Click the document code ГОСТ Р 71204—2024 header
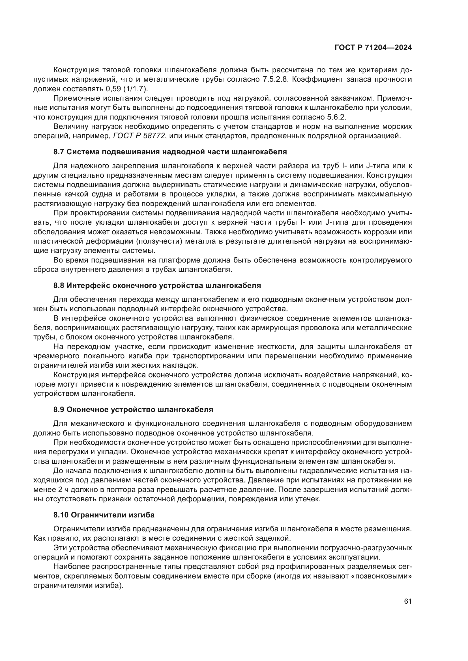coord(373,48)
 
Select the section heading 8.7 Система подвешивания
coord(170,152)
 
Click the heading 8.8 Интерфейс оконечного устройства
coord(157,286)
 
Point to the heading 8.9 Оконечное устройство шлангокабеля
coord(133,410)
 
